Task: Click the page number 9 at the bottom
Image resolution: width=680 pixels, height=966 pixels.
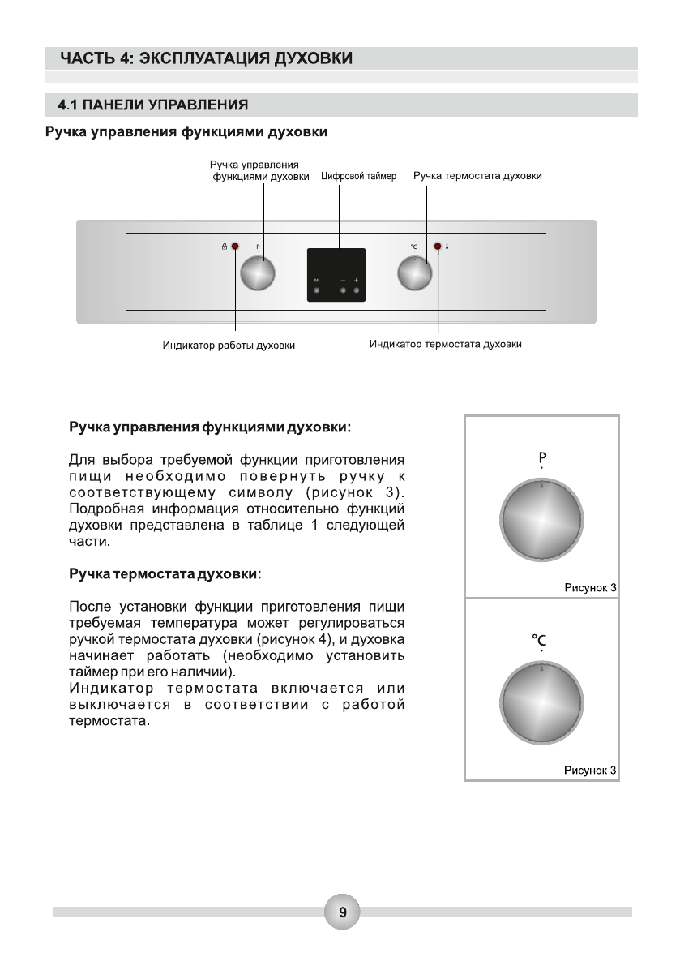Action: click(342, 912)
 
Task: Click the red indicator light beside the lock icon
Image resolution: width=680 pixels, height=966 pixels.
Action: click(236, 246)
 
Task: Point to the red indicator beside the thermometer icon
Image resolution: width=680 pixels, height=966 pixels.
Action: click(438, 246)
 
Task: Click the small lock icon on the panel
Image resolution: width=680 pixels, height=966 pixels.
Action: click(225, 246)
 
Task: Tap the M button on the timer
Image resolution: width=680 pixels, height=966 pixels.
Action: click(316, 289)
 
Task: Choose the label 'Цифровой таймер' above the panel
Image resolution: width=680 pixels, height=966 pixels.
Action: click(359, 175)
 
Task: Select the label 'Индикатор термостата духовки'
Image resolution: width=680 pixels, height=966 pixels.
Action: click(445, 344)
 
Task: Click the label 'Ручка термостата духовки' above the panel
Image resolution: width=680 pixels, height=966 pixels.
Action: click(477, 175)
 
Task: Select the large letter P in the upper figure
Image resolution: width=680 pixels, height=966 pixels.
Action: click(541, 457)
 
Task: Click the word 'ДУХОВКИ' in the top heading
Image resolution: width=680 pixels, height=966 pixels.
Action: click(306, 58)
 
